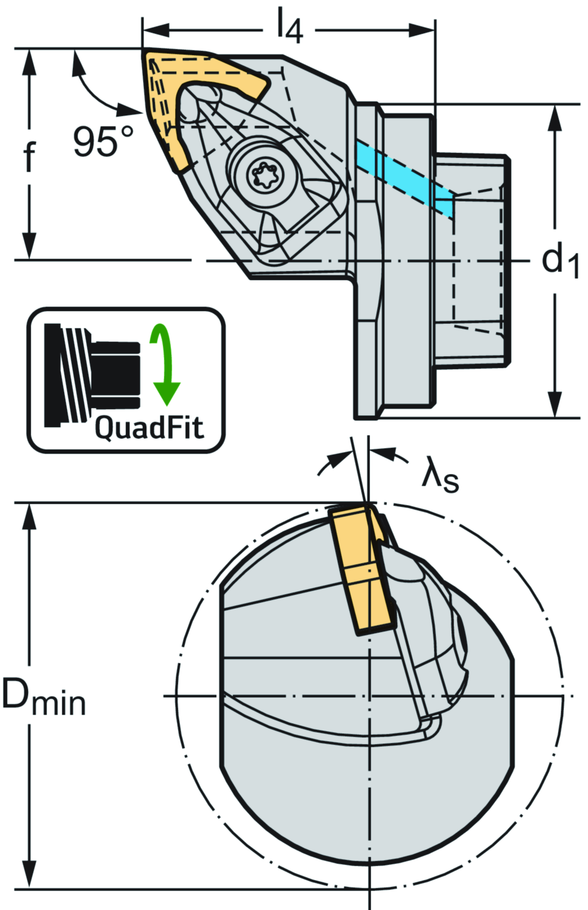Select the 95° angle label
tap(103, 141)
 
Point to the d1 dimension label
tap(559, 260)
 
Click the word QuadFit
tap(149, 428)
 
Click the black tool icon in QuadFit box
tap(92, 375)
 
